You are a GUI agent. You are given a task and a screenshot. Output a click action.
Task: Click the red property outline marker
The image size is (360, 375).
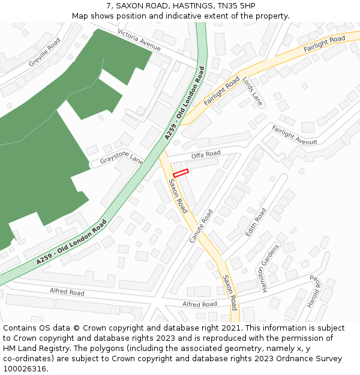[x=181, y=173]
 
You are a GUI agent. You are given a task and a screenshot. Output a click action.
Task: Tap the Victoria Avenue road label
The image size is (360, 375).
[x=139, y=40]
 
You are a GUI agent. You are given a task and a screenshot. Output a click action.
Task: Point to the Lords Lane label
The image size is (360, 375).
[x=253, y=91]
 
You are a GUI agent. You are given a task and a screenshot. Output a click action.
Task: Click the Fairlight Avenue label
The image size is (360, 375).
[x=294, y=135]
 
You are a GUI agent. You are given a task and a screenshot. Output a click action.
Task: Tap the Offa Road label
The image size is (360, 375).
[x=206, y=154]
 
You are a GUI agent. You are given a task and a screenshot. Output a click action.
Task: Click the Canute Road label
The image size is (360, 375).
[x=201, y=226]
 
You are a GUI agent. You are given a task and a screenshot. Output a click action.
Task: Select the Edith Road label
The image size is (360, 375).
[x=256, y=222]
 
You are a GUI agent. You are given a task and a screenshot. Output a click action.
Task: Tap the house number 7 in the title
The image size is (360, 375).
[x=109, y=6]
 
